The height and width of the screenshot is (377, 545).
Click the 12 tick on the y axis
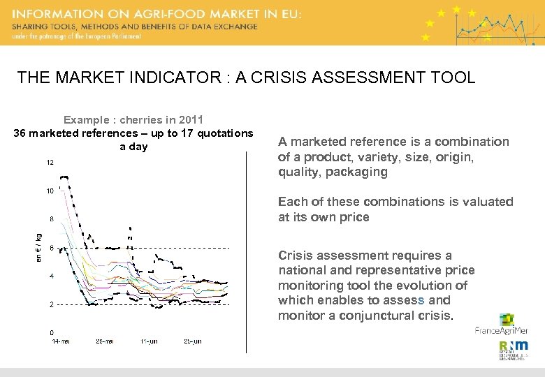(50, 163)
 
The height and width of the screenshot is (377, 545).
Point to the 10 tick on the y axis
(50, 191)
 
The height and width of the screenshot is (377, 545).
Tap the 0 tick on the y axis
(52, 332)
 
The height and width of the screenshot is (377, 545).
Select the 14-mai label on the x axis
(61, 341)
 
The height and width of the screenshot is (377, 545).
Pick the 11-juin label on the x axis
(148, 341)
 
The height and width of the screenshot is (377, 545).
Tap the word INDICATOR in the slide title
(172, 77)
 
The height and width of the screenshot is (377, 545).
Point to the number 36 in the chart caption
(20, 133)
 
